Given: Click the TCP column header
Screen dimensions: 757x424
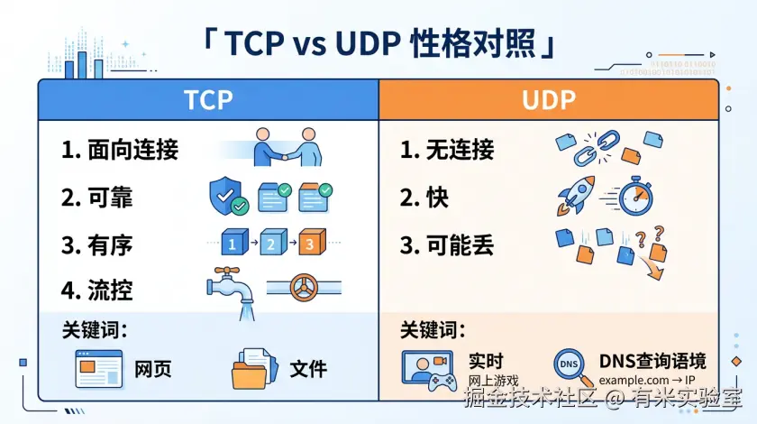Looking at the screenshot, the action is pyautogui.click(x=208, y=100).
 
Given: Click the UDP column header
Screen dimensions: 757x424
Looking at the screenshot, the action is pyautogui.click(x=549, y=100).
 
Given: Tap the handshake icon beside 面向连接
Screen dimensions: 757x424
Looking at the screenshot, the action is pyautogui.click(x=287, y=147).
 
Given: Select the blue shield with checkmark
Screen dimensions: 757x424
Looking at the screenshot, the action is pyautogui.click(x=228, y=196).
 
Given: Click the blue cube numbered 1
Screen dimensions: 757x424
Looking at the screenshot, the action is pyautogui.click(x=234, y=242).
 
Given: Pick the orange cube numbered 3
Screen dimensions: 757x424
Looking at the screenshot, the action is pyautogui.click(x=313, y=242).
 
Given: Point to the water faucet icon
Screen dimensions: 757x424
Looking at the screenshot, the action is pyautogui.click(x=232, y=292).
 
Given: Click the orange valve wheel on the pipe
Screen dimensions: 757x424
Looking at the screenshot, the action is pyautogui.click(x=305, y=288).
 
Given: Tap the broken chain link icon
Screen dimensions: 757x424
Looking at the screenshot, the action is pyautogui.click(x=597, y=148).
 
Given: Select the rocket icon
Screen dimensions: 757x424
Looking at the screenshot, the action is pyautogui.click(x=577, y=196).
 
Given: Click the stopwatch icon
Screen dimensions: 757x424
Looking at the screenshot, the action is pyautogui.click(x=635, y=196).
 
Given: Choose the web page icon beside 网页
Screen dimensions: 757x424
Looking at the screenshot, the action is pyautogui.click(x=99, y=369).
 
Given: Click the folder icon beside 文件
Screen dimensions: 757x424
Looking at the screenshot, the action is pyautogui.click(x=255, y=369).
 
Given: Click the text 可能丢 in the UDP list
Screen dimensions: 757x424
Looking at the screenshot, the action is pyautogui.click(x=460, y=245).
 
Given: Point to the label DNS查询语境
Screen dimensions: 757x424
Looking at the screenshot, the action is pyautogui.click(x=652, y=361).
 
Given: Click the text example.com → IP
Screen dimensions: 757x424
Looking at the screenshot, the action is pyautogui.click(x=646, y=381).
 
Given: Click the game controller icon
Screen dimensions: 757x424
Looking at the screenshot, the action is pyautogui.click(x=442, y=383).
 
